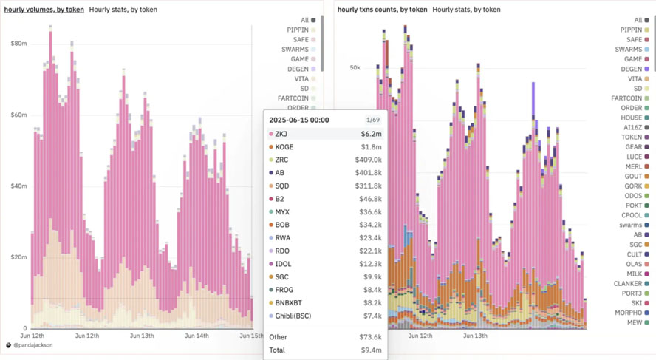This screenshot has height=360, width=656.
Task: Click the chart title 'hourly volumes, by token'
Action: [x=44, y=10]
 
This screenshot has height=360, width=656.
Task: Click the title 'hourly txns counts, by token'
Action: [x=382, y=10]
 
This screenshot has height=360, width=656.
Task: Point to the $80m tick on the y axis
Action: [x=18, y=44]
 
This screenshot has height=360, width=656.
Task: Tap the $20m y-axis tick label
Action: [x=18, y=257]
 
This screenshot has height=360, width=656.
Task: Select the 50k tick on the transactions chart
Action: [x=355, y=68]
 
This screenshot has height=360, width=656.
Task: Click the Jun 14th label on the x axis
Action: [x=197, y=336]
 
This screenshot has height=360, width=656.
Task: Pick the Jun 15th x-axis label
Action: [x=251, y=336]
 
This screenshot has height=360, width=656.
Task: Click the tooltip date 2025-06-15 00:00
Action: [x=299, y=120]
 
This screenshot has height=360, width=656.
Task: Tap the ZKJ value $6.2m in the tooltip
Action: [x=371, y=134]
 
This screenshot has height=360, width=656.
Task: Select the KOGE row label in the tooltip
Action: [x=284, y=147]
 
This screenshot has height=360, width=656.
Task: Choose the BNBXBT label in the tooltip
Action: [x=288, y=303]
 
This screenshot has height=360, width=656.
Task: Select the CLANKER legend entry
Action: [x=627, y=284]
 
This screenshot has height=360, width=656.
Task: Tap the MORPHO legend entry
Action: [x=629, y=313]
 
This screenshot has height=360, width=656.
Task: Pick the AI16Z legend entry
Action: [x=632, y=127]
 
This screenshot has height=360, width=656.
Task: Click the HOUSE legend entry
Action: [x=631, y=118]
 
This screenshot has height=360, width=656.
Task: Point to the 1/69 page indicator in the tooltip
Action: [x=373, y=120]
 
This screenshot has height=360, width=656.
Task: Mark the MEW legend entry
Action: [x=635, y=322]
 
